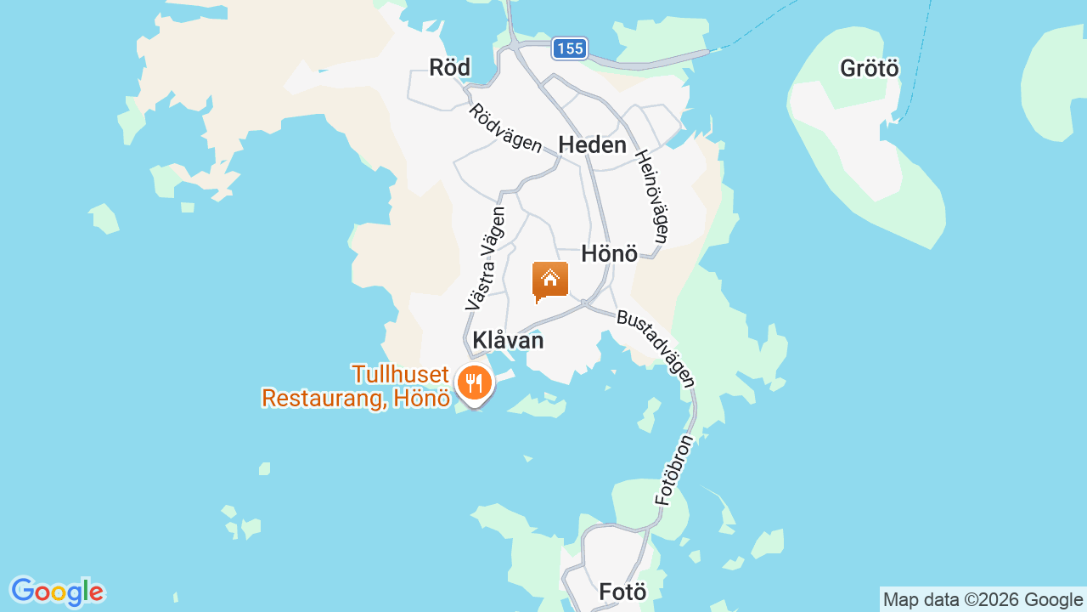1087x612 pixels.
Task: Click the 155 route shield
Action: tap(569, 48)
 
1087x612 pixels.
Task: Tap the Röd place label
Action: tap(449, 68)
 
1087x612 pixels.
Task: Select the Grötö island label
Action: tap(869, 68)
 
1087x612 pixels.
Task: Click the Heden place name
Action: tap(592, 145)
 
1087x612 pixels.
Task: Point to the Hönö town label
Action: tap(609, 253)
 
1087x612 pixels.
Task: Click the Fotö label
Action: tap(622, 592)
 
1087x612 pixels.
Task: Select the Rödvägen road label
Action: tap(505, 128)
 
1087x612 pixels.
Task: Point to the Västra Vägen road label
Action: tap(485, 258)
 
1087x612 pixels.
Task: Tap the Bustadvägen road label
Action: tap(656, 348)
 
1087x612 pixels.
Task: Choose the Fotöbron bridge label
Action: tap(675, 470)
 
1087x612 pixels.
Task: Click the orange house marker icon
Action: tap(550, 280)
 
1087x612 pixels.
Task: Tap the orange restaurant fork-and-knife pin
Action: tap(475, 383)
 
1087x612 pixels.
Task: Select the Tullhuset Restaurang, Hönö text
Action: tap(355, 386)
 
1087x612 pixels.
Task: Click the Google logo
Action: tap(57, 592)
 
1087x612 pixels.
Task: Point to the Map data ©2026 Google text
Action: tap(983, 600)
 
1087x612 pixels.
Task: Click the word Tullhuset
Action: tap(400, 374)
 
